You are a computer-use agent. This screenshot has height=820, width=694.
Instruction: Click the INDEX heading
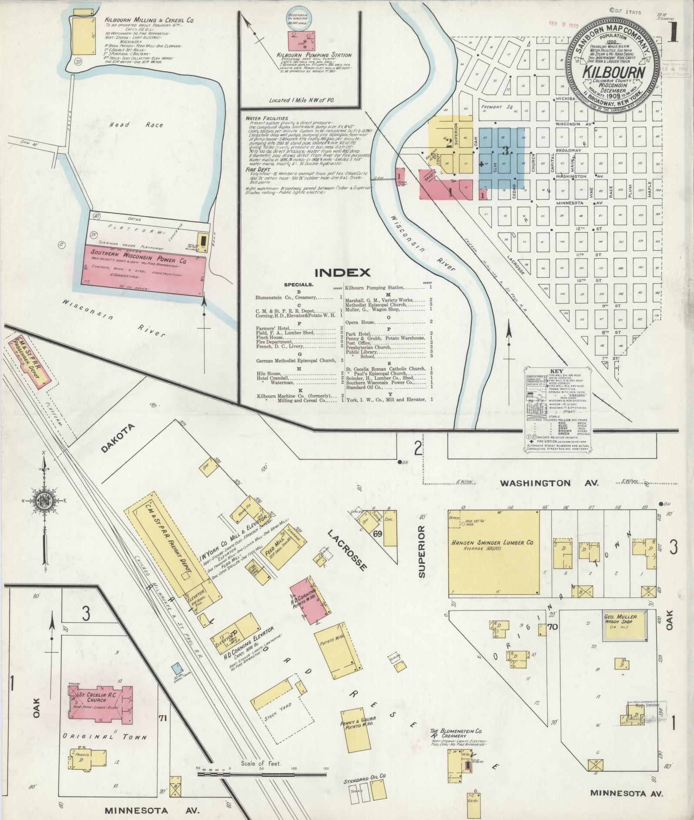point(342,273)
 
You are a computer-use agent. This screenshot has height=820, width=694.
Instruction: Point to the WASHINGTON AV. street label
point(549,483)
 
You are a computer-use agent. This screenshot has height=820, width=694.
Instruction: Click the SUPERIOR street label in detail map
point(422,552)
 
